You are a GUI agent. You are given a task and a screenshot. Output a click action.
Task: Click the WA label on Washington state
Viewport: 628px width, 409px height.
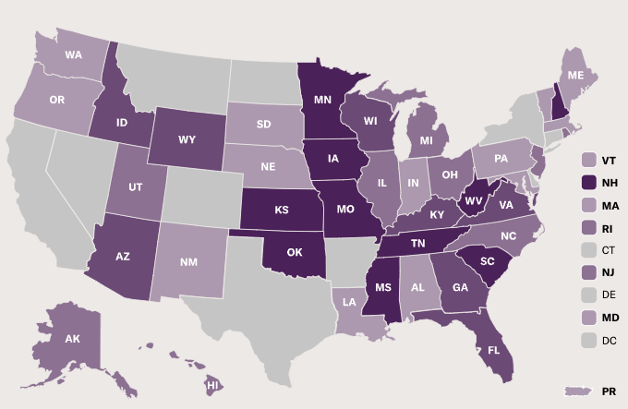click(74, 54)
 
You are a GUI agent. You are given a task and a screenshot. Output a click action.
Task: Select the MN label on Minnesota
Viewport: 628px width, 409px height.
click(323, 98)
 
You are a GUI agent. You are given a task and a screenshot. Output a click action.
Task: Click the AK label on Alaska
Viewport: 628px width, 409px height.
click(73, 339)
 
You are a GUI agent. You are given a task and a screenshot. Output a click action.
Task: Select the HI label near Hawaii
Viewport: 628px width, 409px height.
click(211, 384)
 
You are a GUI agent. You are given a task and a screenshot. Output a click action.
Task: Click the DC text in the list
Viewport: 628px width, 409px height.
click(610, 340)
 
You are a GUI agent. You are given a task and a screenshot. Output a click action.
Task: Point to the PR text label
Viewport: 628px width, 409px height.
click(610, 392)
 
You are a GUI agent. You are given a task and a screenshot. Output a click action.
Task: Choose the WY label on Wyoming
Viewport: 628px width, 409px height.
click(187, 140)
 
